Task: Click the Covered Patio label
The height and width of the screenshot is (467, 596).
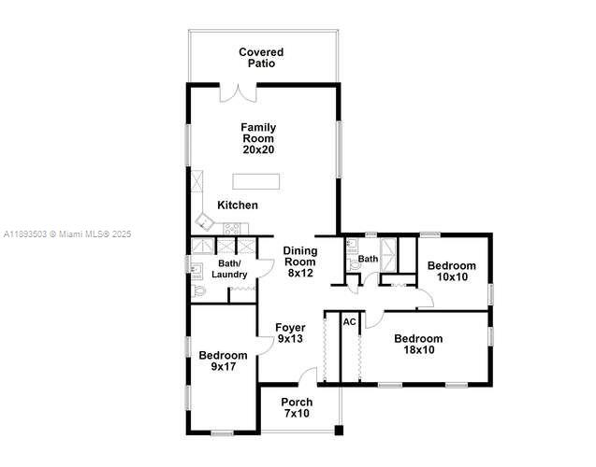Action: [x=261, y=58]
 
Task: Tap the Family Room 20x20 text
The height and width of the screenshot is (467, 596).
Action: [x=258, y=138]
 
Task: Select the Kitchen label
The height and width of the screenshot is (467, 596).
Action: [x=238, y=205]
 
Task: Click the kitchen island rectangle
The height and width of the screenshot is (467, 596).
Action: [x=255, y=181]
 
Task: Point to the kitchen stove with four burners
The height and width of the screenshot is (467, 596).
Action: [x=231, y=229]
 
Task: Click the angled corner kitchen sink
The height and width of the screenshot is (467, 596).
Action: [x=205, y=221]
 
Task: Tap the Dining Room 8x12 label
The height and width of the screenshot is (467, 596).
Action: [x=300, y=262]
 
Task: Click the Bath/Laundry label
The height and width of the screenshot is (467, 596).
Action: [x=229, y=269]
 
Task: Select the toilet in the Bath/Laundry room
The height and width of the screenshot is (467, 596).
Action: [x=198, y=291]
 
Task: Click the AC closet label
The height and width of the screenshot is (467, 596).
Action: [x=350, y=322]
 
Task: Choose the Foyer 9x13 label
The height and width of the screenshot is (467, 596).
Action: [x=290, y=333]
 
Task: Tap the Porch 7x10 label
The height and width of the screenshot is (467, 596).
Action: [x=297, y=408]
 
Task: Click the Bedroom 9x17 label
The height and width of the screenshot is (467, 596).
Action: [x=223, y=361]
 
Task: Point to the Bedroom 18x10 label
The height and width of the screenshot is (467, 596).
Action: [x=418, y=344]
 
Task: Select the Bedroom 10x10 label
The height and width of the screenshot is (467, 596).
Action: [x=452, y=271]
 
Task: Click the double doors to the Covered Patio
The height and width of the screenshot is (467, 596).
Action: [x=239, y=93]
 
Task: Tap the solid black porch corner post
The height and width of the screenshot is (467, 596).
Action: [x=339, y=431]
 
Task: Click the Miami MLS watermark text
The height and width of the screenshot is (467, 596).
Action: [x=67, y=234]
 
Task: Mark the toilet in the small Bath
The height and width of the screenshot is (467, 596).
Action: [x=355, y=265]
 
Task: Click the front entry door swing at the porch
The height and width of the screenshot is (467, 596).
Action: [x=308, y=376]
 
